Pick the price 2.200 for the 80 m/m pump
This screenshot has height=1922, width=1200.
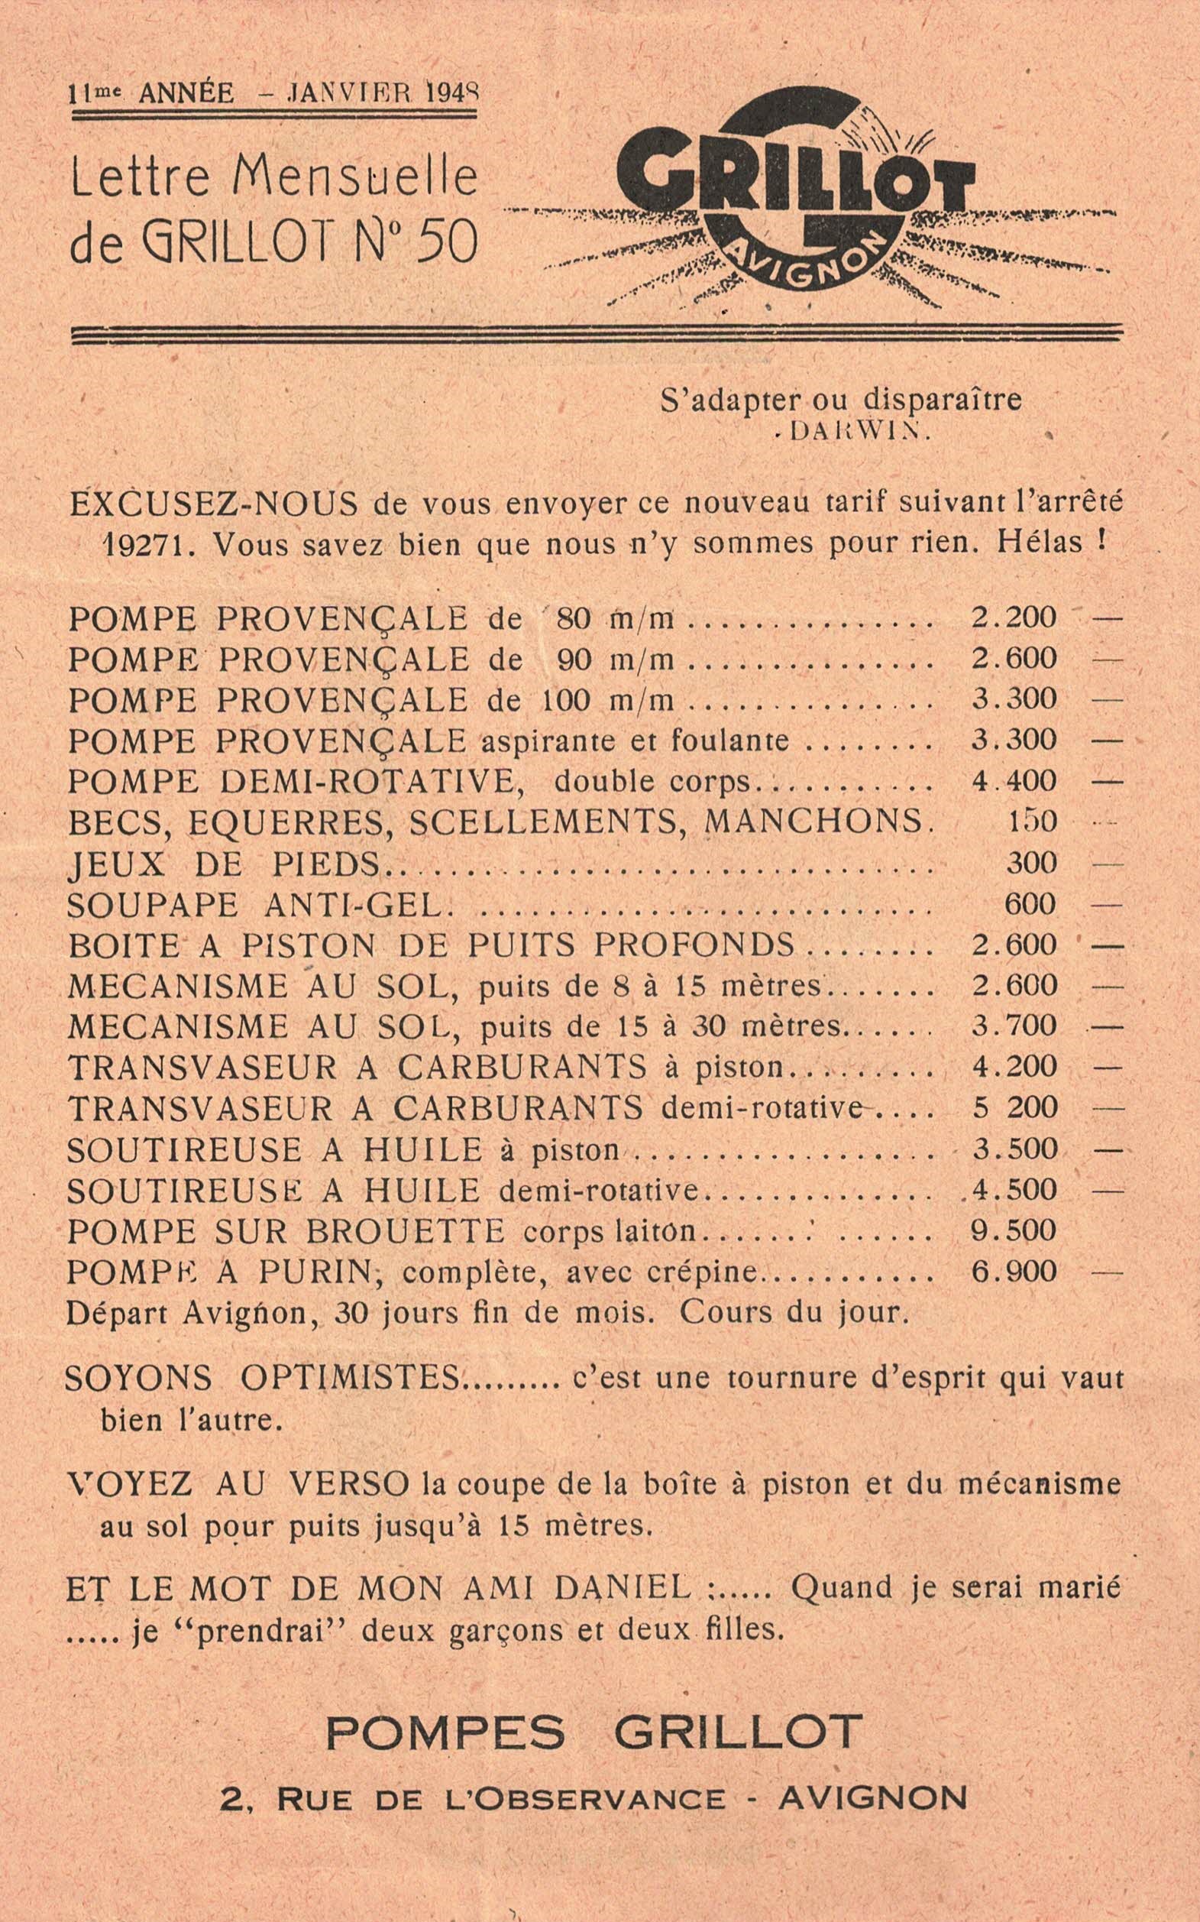1014,617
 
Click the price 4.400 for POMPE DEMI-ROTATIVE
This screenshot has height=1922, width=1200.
1014,781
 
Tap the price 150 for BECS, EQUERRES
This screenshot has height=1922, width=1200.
1032,822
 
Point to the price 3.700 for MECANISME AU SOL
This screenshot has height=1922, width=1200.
1014,1026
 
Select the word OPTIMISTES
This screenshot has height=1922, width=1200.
350,1378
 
